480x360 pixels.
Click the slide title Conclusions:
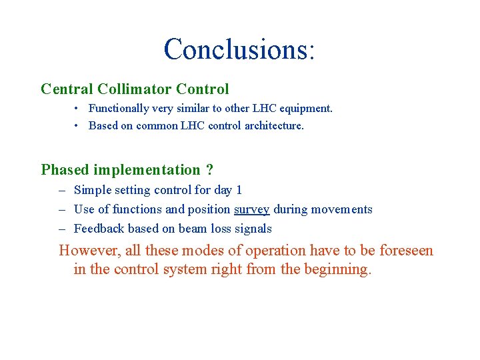239,50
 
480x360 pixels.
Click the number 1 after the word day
239,190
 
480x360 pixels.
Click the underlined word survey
251,209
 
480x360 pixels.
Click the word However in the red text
87,251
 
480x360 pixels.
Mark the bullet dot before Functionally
77,108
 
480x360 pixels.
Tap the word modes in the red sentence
221,251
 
